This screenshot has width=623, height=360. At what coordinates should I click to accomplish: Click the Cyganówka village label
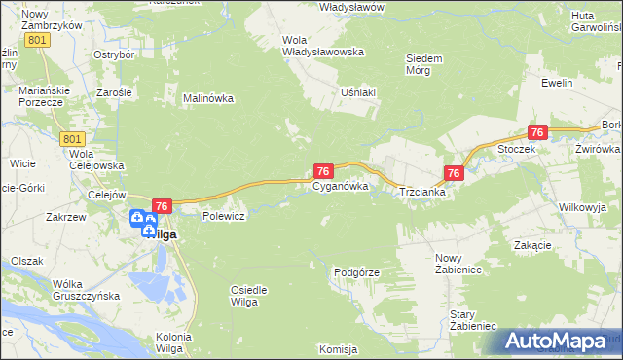[x=340, y=188]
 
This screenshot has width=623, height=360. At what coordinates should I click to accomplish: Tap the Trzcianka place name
[x=422, y=193]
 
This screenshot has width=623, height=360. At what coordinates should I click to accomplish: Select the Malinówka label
[x=208, y=98]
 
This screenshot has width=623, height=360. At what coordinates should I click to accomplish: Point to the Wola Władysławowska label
[x=322, y=46]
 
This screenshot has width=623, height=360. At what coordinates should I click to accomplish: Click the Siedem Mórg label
[x=424, y=64]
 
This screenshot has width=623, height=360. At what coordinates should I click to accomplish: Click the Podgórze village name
[x=355, y=273]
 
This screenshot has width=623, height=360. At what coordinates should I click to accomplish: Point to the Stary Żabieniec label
[x=474, y=320]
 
